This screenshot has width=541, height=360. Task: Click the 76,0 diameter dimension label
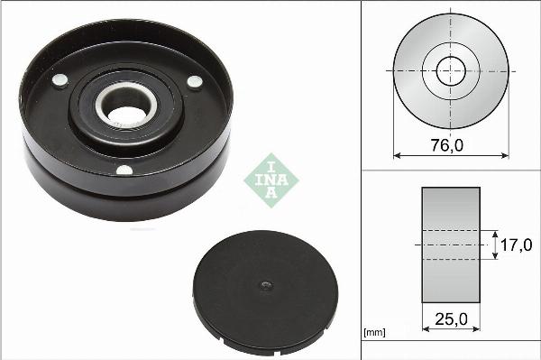[x=447, y=145]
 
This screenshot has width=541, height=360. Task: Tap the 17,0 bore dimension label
[x=516, y=245]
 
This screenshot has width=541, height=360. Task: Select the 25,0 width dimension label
[x=452, y=319]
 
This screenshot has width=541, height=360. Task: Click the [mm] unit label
[x=374, y=332]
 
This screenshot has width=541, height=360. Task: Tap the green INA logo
[x=271, y=180]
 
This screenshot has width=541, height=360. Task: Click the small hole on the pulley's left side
[x=60, y=80]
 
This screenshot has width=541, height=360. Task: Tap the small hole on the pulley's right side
[x=195, y=82]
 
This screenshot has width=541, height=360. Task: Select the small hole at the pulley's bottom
[x=124, y=171]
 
